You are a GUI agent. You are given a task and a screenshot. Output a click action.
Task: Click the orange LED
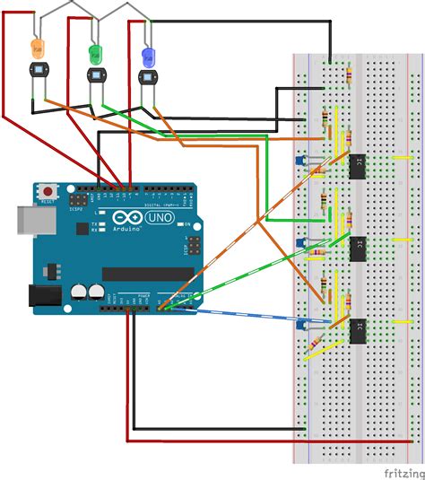37,45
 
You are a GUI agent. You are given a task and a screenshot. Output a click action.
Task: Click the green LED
95,52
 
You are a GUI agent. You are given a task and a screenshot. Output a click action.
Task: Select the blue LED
148,57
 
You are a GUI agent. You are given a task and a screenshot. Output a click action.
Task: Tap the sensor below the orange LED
38,70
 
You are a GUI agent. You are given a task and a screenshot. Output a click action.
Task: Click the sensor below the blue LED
148,77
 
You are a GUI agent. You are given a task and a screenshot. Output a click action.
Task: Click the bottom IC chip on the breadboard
358,329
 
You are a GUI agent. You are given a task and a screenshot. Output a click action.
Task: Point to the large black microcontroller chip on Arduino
148,274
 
